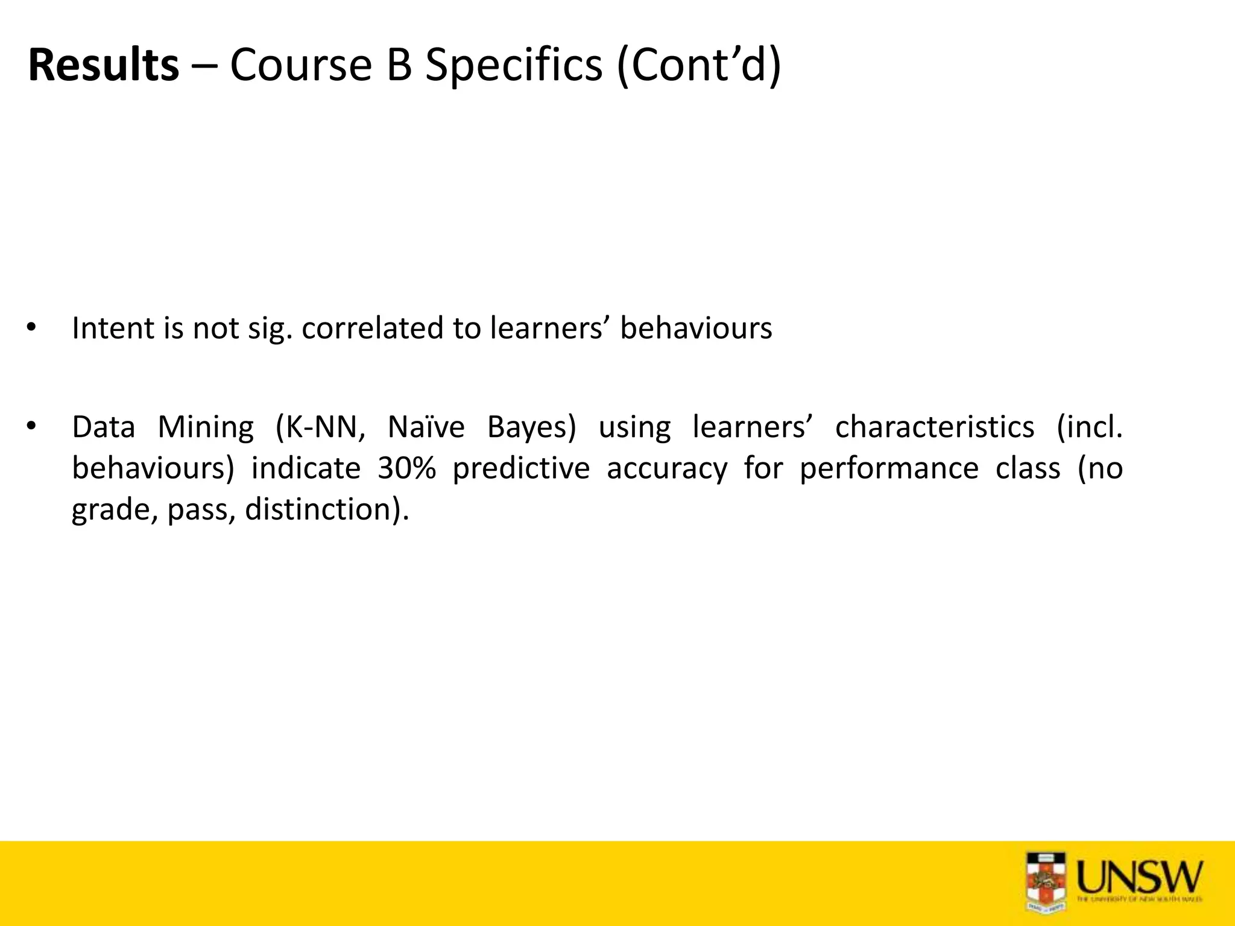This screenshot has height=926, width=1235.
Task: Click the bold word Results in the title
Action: pos(103,65)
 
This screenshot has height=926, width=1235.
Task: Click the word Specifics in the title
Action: pos(514,65)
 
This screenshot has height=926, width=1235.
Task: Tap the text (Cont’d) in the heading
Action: pos(699,65)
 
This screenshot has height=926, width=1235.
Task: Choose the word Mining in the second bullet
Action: pos(206,427)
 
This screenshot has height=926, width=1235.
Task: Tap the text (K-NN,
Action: pos(320,427)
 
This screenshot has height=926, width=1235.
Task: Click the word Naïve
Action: pos(426,427)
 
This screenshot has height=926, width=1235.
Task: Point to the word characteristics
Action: pos(935,427)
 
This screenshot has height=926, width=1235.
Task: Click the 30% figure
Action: pos(406,468)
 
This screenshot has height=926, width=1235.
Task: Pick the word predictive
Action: pos(521,468)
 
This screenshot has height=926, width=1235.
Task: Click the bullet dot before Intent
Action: pos(31,329)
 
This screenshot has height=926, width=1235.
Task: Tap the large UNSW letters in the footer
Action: pos(1139,877)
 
